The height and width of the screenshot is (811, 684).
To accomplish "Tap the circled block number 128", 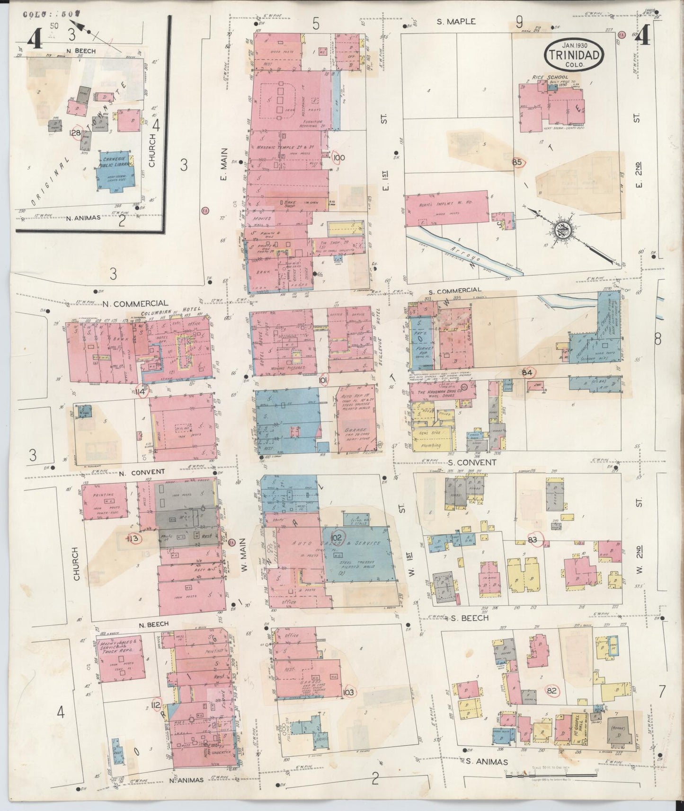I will (75, 133).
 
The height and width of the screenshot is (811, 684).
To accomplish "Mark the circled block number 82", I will (552, 691).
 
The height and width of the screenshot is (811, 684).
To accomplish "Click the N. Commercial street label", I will (135, 303).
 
